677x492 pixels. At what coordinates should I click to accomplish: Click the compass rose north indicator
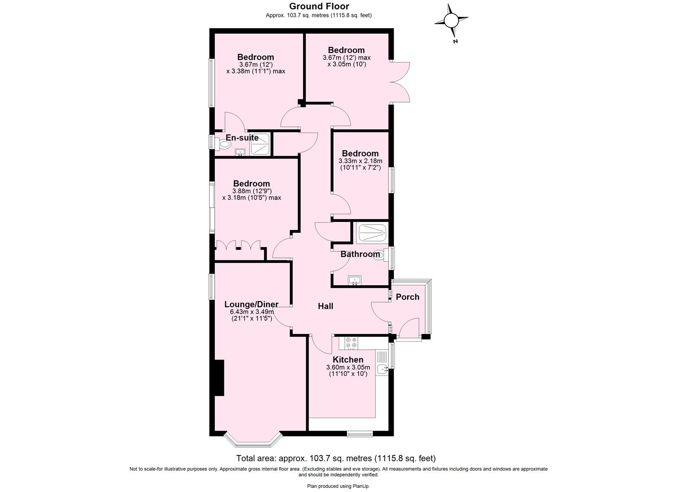tap(451, 21)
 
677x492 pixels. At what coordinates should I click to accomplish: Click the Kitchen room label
tap(348, 360)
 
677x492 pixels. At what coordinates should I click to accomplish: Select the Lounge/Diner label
tap(251, 304)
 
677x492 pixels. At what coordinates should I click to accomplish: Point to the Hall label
tap(326, 306)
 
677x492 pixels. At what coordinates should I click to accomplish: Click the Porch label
tap(407, 297)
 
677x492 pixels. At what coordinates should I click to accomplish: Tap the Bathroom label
tap(360, 254)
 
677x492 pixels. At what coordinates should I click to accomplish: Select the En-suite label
tap(242, 138)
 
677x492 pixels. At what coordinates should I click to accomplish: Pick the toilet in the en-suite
tap(224, 145)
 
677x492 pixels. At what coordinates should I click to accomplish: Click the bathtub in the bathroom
tap(372, 233)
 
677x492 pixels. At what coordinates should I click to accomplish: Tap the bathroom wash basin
tap(354, 280)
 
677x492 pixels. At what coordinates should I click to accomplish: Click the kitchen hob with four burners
tap(351, 343)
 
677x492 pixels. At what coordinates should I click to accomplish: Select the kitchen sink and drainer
tap(382, 363)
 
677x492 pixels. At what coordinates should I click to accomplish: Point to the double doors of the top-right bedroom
tap(401, 82)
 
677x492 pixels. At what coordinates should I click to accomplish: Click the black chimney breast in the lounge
tap(219, 378)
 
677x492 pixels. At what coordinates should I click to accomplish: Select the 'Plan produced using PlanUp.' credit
tap(338, 486)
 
